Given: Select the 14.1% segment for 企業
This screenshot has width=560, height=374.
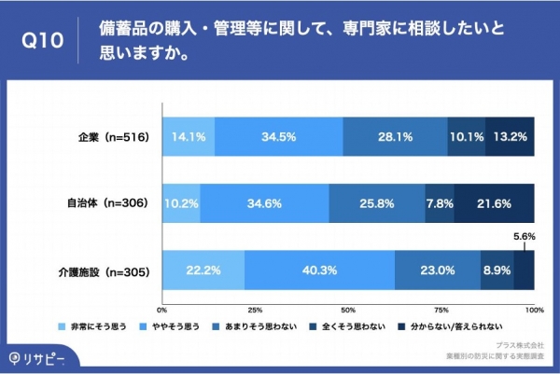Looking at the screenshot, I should (x=188, y=136).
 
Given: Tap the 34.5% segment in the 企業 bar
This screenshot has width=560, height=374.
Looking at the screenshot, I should (x=278, y=136).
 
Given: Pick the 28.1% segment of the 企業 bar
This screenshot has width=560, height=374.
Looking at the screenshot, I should (x=395, y=136).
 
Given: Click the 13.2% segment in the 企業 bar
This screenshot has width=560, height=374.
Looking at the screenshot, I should (x=510, y=136).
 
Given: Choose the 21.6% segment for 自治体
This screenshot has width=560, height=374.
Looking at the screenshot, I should (x=494, y=203).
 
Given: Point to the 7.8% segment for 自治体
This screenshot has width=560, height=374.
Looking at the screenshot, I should (x=440, y=203).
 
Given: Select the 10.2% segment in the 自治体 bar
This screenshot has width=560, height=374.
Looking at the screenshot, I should (x=181, y=203).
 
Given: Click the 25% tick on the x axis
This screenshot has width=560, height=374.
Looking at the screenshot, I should (x=255, y=309).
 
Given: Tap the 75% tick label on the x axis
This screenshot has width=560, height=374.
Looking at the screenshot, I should (x=441, y=309).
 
